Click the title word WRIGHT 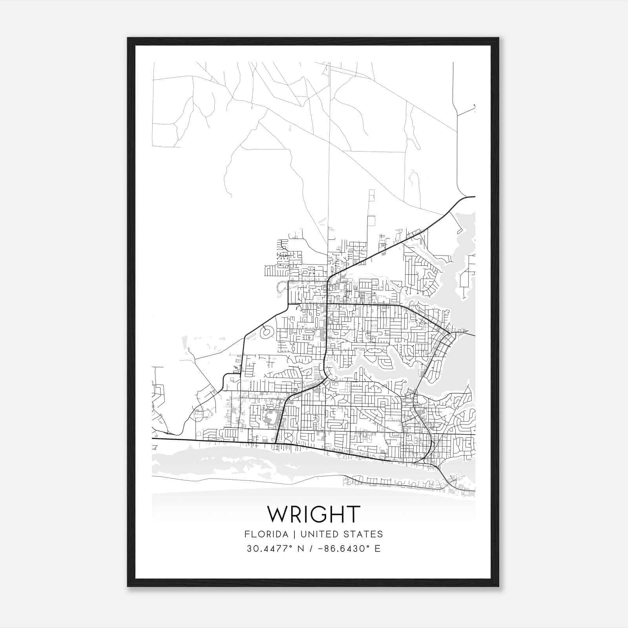pos(313,514)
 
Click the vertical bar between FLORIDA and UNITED pos(289,534)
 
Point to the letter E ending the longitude pos(378,549)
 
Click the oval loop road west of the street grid pos(267,333)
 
